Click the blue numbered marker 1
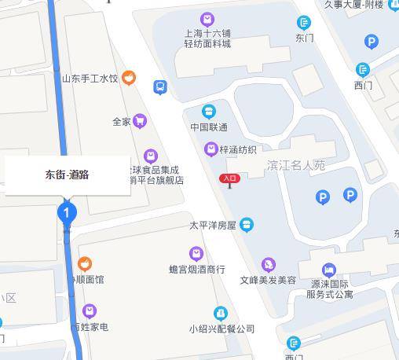(67, 211)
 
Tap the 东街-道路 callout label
(68, 175)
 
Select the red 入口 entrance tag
(229, 178)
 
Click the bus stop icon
(160, 87)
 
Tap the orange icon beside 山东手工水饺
(129, 78)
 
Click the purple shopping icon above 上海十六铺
(207, 19)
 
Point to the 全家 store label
(121, 121)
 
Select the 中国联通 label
(208, 127)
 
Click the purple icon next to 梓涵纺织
(210, 149)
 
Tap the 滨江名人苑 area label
(295, 166)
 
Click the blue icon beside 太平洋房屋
(247, 225)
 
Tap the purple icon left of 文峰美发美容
(269, 265)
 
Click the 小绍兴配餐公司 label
(221, 329)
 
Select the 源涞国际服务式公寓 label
(329, 288)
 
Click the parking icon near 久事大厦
(372, 42)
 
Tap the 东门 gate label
(304, 37)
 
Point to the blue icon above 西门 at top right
(362, 69)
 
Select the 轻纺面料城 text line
(207, 44)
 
